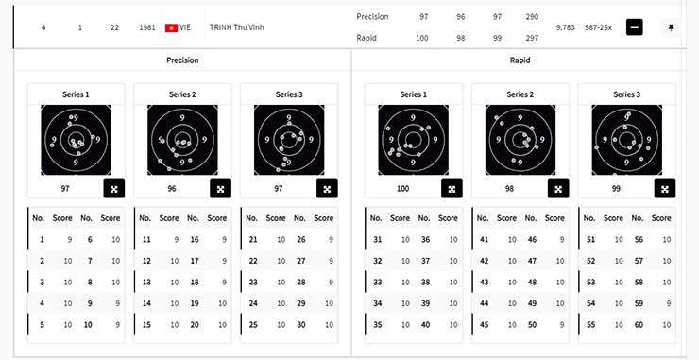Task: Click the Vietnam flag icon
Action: [171, 27]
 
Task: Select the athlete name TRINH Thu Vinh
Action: [237, 27]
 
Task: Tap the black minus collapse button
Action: [635, 27]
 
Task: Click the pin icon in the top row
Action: [671, 27]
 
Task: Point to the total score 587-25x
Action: [598, 27]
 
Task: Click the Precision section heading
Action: [182, 60]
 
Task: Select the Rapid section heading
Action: [520, 60]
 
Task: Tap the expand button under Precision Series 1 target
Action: [114, 189]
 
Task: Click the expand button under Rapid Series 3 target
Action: [665, 189]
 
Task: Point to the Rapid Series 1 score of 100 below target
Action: [403, 189]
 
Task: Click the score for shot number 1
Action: [70, 240]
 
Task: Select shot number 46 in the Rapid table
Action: [532, 240]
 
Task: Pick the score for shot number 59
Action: [668, 304]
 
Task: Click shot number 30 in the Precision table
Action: [301, 325]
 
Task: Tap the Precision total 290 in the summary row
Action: [532, 17]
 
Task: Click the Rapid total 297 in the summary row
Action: [532, 39]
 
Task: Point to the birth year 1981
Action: [147, 27]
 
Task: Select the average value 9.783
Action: [566, 27]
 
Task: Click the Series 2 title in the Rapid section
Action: [520, 94]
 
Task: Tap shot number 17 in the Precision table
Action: [195, 261]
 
